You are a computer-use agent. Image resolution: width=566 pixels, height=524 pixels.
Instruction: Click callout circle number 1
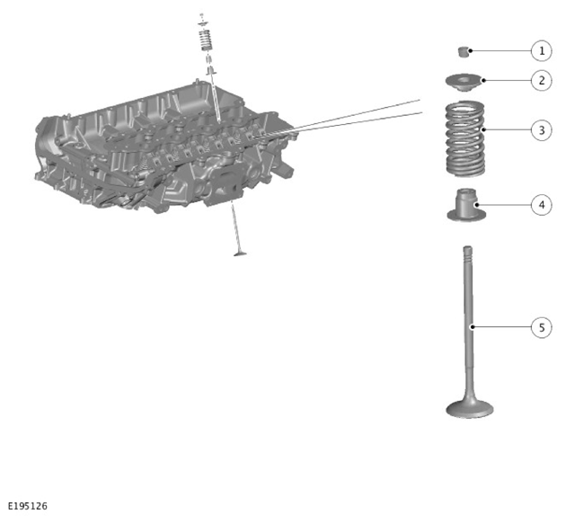542,51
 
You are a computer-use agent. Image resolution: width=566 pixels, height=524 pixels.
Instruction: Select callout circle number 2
542,81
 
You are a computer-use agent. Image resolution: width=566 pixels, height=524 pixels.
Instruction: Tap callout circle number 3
542,130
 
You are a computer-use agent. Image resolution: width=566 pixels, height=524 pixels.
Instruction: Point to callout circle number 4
542,205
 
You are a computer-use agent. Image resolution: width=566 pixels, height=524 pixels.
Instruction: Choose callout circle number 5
542,327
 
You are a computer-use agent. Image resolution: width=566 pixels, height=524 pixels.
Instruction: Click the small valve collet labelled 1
463,51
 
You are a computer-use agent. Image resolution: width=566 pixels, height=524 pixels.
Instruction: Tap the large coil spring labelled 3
465,139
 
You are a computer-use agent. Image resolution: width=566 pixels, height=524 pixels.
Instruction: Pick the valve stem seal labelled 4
466,205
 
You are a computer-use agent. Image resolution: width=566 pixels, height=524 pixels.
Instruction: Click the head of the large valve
470,409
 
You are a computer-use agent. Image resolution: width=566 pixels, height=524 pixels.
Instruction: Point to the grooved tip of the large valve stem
468,253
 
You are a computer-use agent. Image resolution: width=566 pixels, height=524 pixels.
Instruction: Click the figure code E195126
28,506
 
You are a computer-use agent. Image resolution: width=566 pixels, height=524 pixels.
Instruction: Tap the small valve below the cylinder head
237,230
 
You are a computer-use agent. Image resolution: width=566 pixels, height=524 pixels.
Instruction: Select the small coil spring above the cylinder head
205,40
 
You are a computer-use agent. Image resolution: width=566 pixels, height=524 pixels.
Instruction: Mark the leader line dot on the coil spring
483,129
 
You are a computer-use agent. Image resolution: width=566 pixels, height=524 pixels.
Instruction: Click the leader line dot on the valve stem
472,327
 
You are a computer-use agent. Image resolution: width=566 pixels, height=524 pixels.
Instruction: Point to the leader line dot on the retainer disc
483,80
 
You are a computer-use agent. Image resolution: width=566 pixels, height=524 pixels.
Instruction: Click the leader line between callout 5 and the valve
501,327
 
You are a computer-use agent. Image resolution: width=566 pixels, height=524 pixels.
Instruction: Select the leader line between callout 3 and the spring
508,129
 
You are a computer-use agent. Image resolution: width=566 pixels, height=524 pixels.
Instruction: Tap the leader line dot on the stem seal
477,205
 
